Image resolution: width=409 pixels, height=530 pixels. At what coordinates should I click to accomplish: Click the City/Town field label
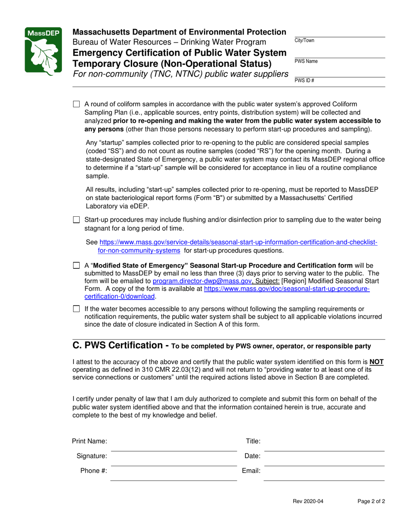tap(304, 41)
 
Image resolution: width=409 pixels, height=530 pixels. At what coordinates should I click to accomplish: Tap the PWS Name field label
tap(306, 61)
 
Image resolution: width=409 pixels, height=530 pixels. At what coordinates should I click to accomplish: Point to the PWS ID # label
tap(304, 81)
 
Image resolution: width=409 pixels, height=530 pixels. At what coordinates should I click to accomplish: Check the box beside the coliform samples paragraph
tap(77, 104)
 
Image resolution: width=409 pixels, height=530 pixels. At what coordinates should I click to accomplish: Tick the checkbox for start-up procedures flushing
tap(77, 220)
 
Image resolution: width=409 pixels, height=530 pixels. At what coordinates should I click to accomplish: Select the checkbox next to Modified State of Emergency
tap(77, 265)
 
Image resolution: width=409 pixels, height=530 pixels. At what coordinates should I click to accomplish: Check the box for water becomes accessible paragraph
tap(77, 309)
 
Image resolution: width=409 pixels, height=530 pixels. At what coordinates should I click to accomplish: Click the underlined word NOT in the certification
tap(378, 362)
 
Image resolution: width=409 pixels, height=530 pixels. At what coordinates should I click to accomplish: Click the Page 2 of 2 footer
tap(371, 501)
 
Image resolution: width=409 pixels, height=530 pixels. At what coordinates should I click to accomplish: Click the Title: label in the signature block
tap(253, 441)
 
